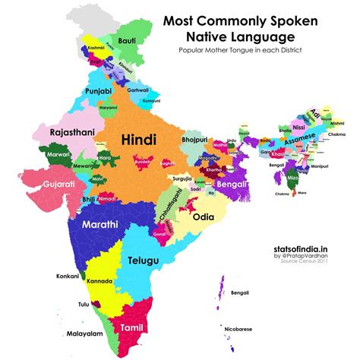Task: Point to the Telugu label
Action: pos(144,261)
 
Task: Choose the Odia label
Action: pos(212,216)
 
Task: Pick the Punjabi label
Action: pos(99,92)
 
